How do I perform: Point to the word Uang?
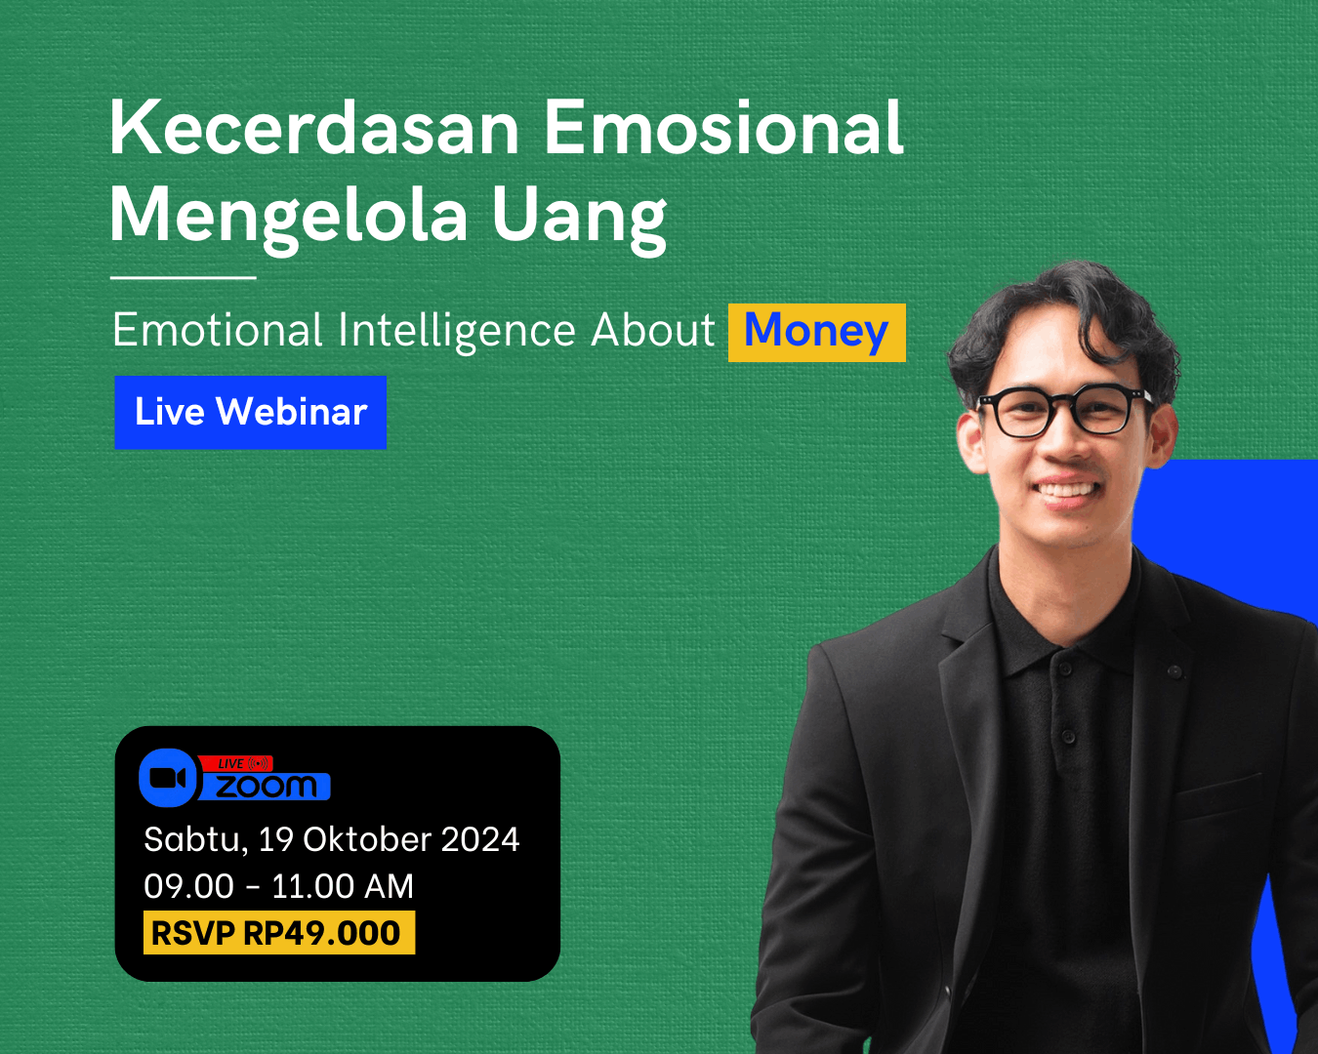[579, 218]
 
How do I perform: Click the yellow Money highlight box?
[816, 333]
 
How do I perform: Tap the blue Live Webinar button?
[251, 412]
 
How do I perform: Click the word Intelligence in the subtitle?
[456, 331]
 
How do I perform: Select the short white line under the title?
[184, 277]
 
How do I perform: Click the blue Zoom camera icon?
[168, 777]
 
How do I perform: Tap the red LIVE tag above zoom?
[236, 763]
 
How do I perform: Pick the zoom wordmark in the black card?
[266, 787]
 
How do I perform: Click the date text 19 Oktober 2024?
[389, 839]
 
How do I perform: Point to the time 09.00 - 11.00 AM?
[278, 886]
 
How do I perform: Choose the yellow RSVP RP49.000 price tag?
[279, 933]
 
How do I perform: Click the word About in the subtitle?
[653, 331]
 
